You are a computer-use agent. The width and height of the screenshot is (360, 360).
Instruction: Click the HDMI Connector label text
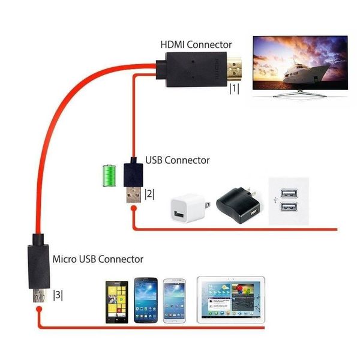[x=196, y=45]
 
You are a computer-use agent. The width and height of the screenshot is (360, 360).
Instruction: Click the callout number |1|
[x=234, y=89]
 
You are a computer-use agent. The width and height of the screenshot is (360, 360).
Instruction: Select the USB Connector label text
[x=178, y=160]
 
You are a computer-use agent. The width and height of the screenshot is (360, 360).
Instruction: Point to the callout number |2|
[x=149, y=194]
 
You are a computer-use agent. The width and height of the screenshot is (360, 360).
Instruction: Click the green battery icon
[x=109, y=175]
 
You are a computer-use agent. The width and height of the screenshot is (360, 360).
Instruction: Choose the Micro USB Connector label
[x=98, y=259]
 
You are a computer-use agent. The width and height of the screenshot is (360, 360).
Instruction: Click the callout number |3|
[x=58, y=295]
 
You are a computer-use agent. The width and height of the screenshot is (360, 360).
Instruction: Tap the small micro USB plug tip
[x=38, y=296]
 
